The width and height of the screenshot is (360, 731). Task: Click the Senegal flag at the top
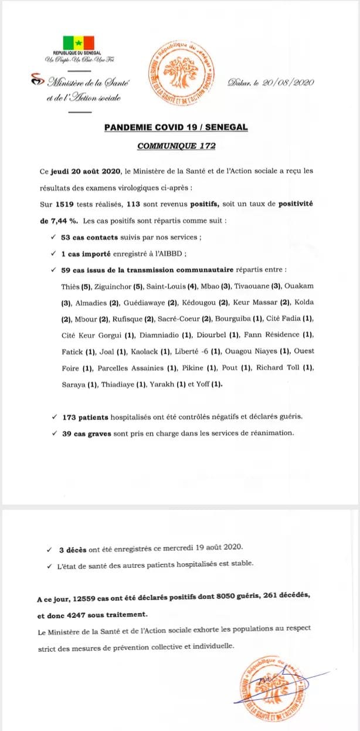(78, 43)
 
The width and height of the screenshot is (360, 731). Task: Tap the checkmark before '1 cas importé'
(53, 254)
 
